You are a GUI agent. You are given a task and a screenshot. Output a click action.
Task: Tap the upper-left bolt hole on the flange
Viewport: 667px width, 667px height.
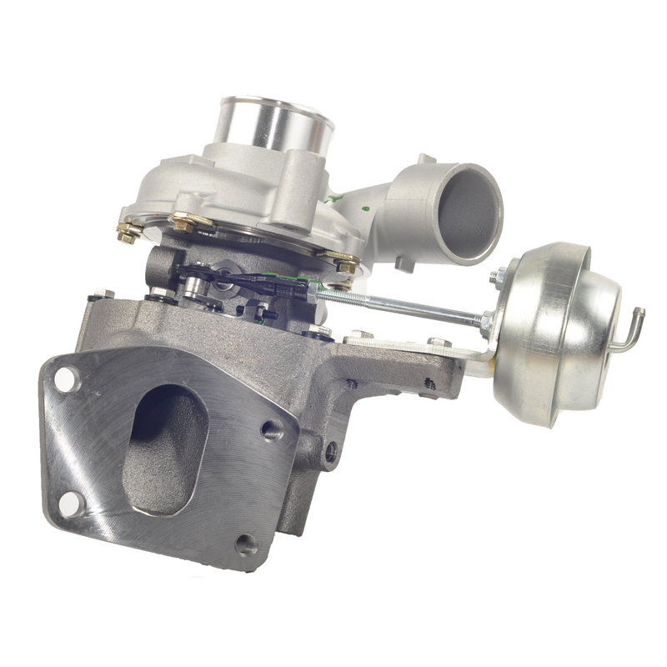click(66, 380)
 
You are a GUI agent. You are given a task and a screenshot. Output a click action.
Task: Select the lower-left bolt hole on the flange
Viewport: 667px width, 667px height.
click(71, 502)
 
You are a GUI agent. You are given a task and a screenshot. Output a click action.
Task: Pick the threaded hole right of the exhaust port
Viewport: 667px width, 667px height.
click(270, 429)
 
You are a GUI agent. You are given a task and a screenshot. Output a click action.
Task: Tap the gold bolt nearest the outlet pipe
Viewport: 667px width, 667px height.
click(343, 263)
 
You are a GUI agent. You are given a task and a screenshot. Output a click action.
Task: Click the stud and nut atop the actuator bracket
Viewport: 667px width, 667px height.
click(436, 342)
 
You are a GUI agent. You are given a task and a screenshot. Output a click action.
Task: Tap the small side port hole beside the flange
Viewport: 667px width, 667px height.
click(331, 454)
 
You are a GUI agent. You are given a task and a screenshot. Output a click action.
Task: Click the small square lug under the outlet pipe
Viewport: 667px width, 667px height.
click(404, 263)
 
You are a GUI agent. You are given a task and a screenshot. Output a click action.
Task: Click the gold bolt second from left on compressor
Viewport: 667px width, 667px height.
click(183, 222)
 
